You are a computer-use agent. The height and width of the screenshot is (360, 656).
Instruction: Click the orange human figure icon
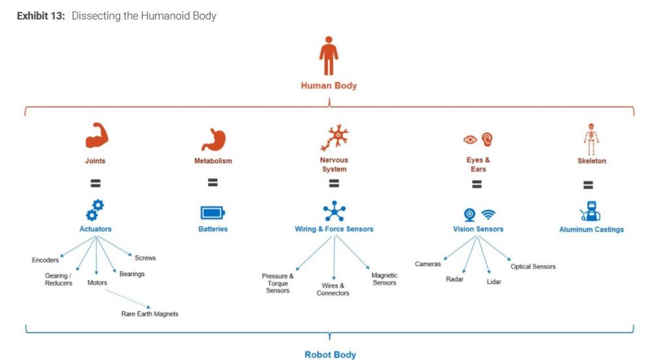pyautogui.click(x=329, y=56)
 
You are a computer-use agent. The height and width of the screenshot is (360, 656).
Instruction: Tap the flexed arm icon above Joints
pyautogui.click(x=96, y=136)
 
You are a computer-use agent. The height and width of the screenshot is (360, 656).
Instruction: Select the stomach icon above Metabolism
pyautogui.click(x=213, y=140)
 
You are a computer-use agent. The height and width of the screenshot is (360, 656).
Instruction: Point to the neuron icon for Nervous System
pyautogui.click(x=335, y=137)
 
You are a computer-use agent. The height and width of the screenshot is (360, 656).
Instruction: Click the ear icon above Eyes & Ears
pyautogui.click(x=487, y=139)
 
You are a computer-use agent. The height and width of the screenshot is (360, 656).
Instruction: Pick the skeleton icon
pyautogui.click(x=591, y=139)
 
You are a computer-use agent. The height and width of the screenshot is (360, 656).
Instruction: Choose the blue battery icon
pyautogui.click(x=213, y=213)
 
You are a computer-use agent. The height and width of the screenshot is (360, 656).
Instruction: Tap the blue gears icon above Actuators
pyautogui.click(x=95, y=210)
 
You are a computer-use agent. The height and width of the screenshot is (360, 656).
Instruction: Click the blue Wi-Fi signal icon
pyautogui.click(x=488, y=214)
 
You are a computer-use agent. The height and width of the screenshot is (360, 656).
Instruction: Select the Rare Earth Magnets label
pyautogui.click(x=150, y=313)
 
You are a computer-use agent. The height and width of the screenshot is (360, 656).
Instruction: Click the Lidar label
pyautogui.click(x=494, y=282)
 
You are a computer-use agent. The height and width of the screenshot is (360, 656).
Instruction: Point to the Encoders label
pyautogui.click(x=45, y=260)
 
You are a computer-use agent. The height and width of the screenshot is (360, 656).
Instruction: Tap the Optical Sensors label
pyautogui.click(x=533, y=266)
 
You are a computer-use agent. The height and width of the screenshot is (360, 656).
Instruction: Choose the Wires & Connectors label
pyautogui.click(x=333, y=289)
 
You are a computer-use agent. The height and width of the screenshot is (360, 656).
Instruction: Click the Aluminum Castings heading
pyautogui.click(x=591, y=230)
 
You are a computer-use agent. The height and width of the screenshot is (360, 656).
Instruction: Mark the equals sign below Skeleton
pyautogui.click(x=588, y=185)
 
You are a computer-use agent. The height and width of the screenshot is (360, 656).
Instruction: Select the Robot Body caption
pyautogui.click(x=330, y=355)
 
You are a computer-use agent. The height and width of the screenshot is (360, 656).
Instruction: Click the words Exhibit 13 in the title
pyautogui.click(x=41, y=16)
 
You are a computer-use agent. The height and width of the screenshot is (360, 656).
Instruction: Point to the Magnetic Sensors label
pyautogui.click(x=384, y=279)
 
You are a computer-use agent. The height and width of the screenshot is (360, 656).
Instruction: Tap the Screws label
pyautogui.click(x=145, y=258)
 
